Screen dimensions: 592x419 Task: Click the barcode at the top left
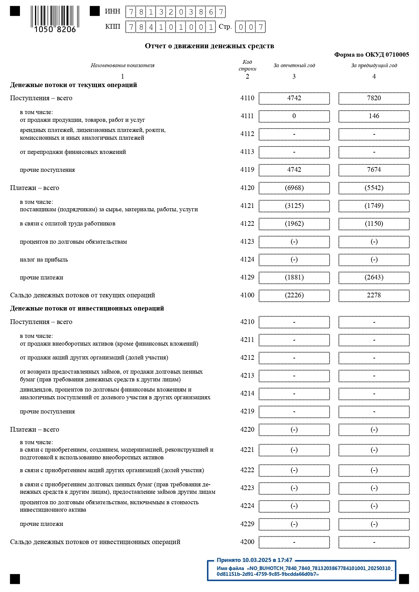tap(55, 19)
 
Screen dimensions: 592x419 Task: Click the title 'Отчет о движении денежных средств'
tap(209, 46)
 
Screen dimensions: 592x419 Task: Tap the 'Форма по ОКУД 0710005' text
tap(371, 55)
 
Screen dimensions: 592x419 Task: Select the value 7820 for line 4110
tap(374, 98)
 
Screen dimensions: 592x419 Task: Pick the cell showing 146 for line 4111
tap(374, 116)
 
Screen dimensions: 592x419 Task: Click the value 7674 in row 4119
tap(374, 170)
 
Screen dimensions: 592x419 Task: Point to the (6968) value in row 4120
tap(294, 188)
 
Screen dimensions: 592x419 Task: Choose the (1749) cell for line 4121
tap(374, 206)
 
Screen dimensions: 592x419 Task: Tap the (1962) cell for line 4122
tap(294, 224)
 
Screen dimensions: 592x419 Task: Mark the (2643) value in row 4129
tap(374, 277)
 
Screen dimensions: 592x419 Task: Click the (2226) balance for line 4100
tap(294, 295)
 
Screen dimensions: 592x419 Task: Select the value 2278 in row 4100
tap(374, 295)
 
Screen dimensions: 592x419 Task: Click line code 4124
tap(247, 260)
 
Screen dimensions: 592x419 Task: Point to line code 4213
tap(247, 376)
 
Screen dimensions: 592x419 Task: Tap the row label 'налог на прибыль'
tap(44, 260)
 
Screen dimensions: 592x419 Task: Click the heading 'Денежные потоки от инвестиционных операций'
tap(87, 308)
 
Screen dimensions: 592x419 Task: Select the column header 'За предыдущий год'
tap(374, 65)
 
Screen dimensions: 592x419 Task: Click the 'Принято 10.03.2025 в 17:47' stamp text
tap(254, 560)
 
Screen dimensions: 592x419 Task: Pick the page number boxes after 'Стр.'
tap(250, 27)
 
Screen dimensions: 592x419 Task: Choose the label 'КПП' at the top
tap(112, 27)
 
